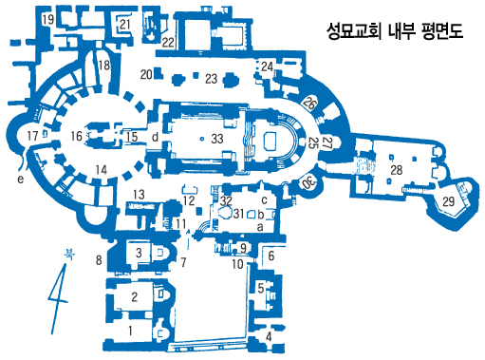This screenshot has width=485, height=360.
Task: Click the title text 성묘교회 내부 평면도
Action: [395, 31]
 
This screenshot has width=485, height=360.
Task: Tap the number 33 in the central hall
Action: [217, 139]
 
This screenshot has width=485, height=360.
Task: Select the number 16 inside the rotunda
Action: [76, 136]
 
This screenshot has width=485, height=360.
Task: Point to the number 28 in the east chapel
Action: [397, 170]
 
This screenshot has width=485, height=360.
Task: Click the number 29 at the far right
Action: [449, 201]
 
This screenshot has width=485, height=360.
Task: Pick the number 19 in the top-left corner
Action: [48, 20]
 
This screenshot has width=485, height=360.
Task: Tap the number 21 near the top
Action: [125, 24]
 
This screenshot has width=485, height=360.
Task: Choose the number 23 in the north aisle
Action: [211, 79]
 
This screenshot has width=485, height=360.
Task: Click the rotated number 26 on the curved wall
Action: [309, 103]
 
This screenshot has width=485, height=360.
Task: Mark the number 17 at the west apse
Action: [33, 136]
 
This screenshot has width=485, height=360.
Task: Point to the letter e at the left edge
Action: [21, 180]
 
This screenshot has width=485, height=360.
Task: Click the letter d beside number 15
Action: [155, 137]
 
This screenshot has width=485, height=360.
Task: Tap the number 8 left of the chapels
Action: [99, 260]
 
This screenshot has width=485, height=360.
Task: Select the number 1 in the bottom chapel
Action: [130, 332]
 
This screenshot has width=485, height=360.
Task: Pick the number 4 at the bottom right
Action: [269, 336]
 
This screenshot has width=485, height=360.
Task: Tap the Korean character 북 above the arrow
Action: [69, 255]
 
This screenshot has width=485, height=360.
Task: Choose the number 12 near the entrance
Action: [189, 200]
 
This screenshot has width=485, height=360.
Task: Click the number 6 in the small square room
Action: [271, 256]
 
